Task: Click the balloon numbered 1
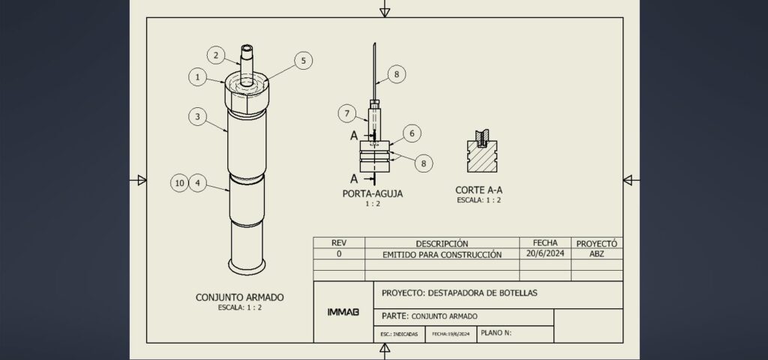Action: click(x=197, y=76)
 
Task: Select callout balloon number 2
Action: click(x=215, y=54)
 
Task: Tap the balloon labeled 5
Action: click(x=302, y=61)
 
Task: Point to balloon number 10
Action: click(x=178, y=182)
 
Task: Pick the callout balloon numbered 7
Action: click(x=346, y=114)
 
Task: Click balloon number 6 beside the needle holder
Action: click(x=410, y=133)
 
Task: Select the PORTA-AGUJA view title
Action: click(x=372, y=193)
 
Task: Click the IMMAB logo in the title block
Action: click(x=343, y=311)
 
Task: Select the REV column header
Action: click(x=338, y=244)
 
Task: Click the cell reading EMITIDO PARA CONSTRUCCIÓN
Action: click(x=442, y=254)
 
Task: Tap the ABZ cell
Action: click(x=596, y=254)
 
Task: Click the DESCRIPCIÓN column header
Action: click(x=442, y=244)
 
